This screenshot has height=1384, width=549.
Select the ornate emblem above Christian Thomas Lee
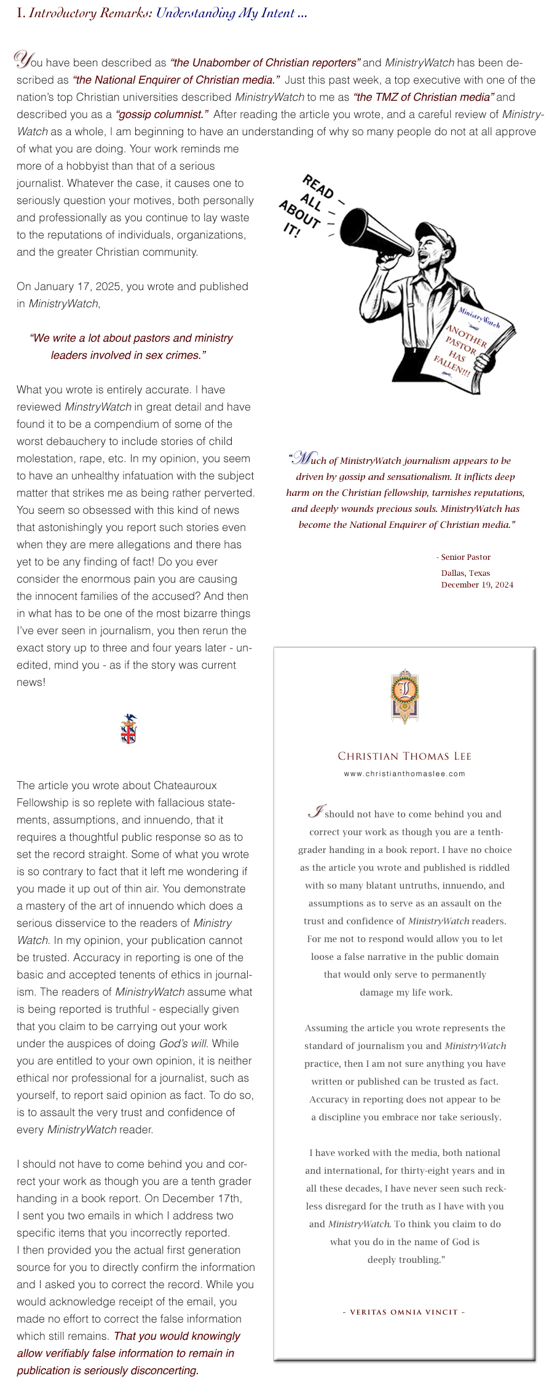pyautogui.click(x=405, y=696)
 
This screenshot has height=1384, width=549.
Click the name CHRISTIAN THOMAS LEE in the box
pyautogui.click(x=405, y=756)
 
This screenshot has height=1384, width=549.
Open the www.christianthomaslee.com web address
pyautogui.click(x=405, y=774)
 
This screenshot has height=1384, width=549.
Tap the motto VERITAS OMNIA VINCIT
pyautogui.click(x=403, y=1312)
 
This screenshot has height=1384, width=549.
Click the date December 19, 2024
pyautogui.click(x=477, y=584)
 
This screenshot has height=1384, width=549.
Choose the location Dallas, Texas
pyautogui.click(x=465, y=573)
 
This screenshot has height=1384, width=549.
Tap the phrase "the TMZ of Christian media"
pyautogui.click(x=424, y=97)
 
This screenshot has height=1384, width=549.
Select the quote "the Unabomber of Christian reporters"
pyautogui.click(x=265, y=63)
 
